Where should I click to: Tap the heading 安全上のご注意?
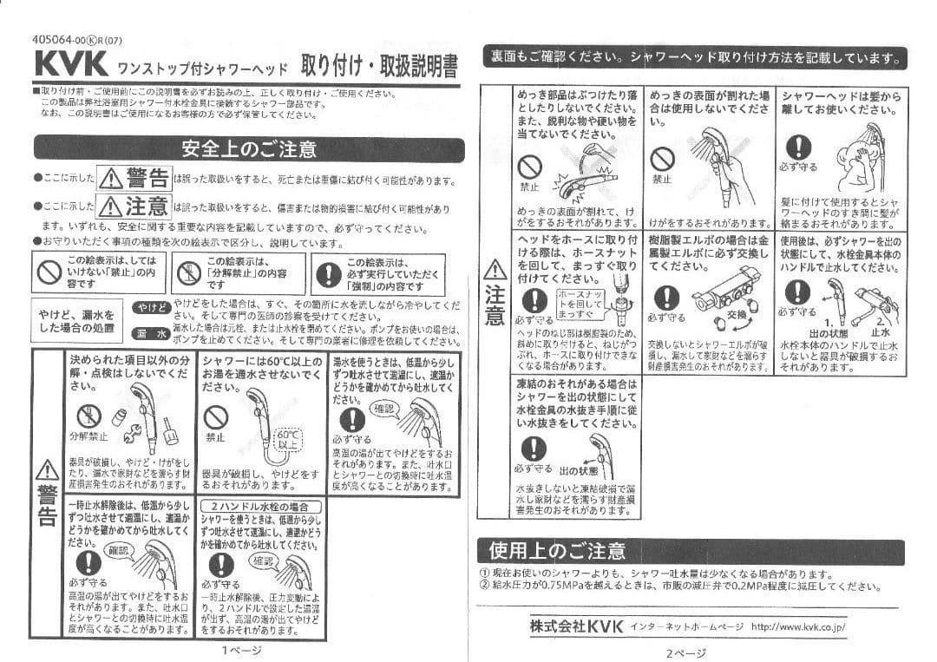click(249, 149)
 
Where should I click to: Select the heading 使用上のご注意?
click(557, 551)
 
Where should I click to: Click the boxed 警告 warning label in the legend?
click(134, 180)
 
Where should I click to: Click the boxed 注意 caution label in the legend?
click(134, 207)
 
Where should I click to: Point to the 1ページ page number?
click(237, 649)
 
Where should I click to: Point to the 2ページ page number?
click(685, 652)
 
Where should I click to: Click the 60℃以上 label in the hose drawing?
click(286, 438)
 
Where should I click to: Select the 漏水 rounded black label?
click(152, 334)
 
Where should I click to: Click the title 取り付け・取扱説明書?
click(379, 67)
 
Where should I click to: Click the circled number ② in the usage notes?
click(484, 586)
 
